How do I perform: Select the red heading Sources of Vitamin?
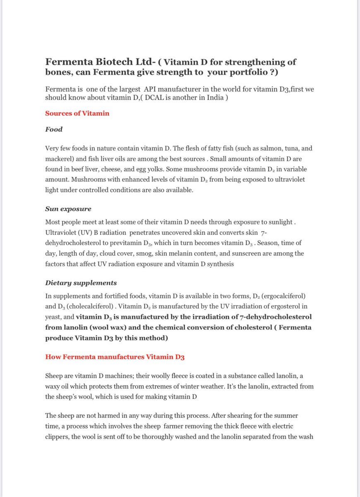click(x=77, y=113)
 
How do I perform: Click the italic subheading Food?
click(x=54, y=129)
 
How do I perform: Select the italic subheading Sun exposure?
click(x=68, y=210)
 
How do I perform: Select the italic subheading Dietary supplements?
click(x=81, y=283)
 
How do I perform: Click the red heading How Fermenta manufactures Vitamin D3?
click(x=118, y=357)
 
